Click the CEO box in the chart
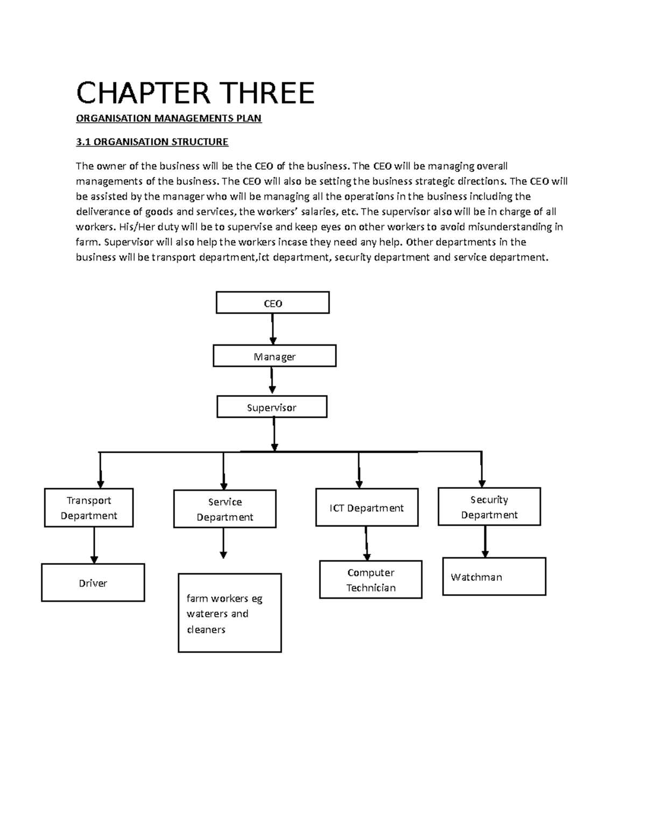coord(272,303)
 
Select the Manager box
coord(275,356)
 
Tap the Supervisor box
coord(272,407)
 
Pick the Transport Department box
coord(89,508)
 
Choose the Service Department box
coord(225,509)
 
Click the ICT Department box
coord(367,508)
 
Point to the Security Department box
coord(489,507)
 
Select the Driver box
coord(93,582)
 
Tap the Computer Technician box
coord(370,580)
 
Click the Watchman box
coord(494,577)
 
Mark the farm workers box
coord(230,613)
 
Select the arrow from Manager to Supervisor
coord(272,381)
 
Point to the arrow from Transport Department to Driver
coord(94,545)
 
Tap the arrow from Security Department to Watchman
coord(485,542)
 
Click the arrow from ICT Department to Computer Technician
coord(367,543)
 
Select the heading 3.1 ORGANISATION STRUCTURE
coord(152,142)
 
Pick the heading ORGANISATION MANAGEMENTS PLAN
coord(168,118)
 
